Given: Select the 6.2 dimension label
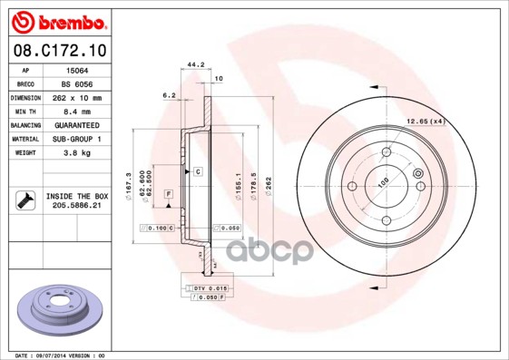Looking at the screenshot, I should tap(168, 94).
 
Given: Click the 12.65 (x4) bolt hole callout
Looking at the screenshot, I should tap(425, 121).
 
